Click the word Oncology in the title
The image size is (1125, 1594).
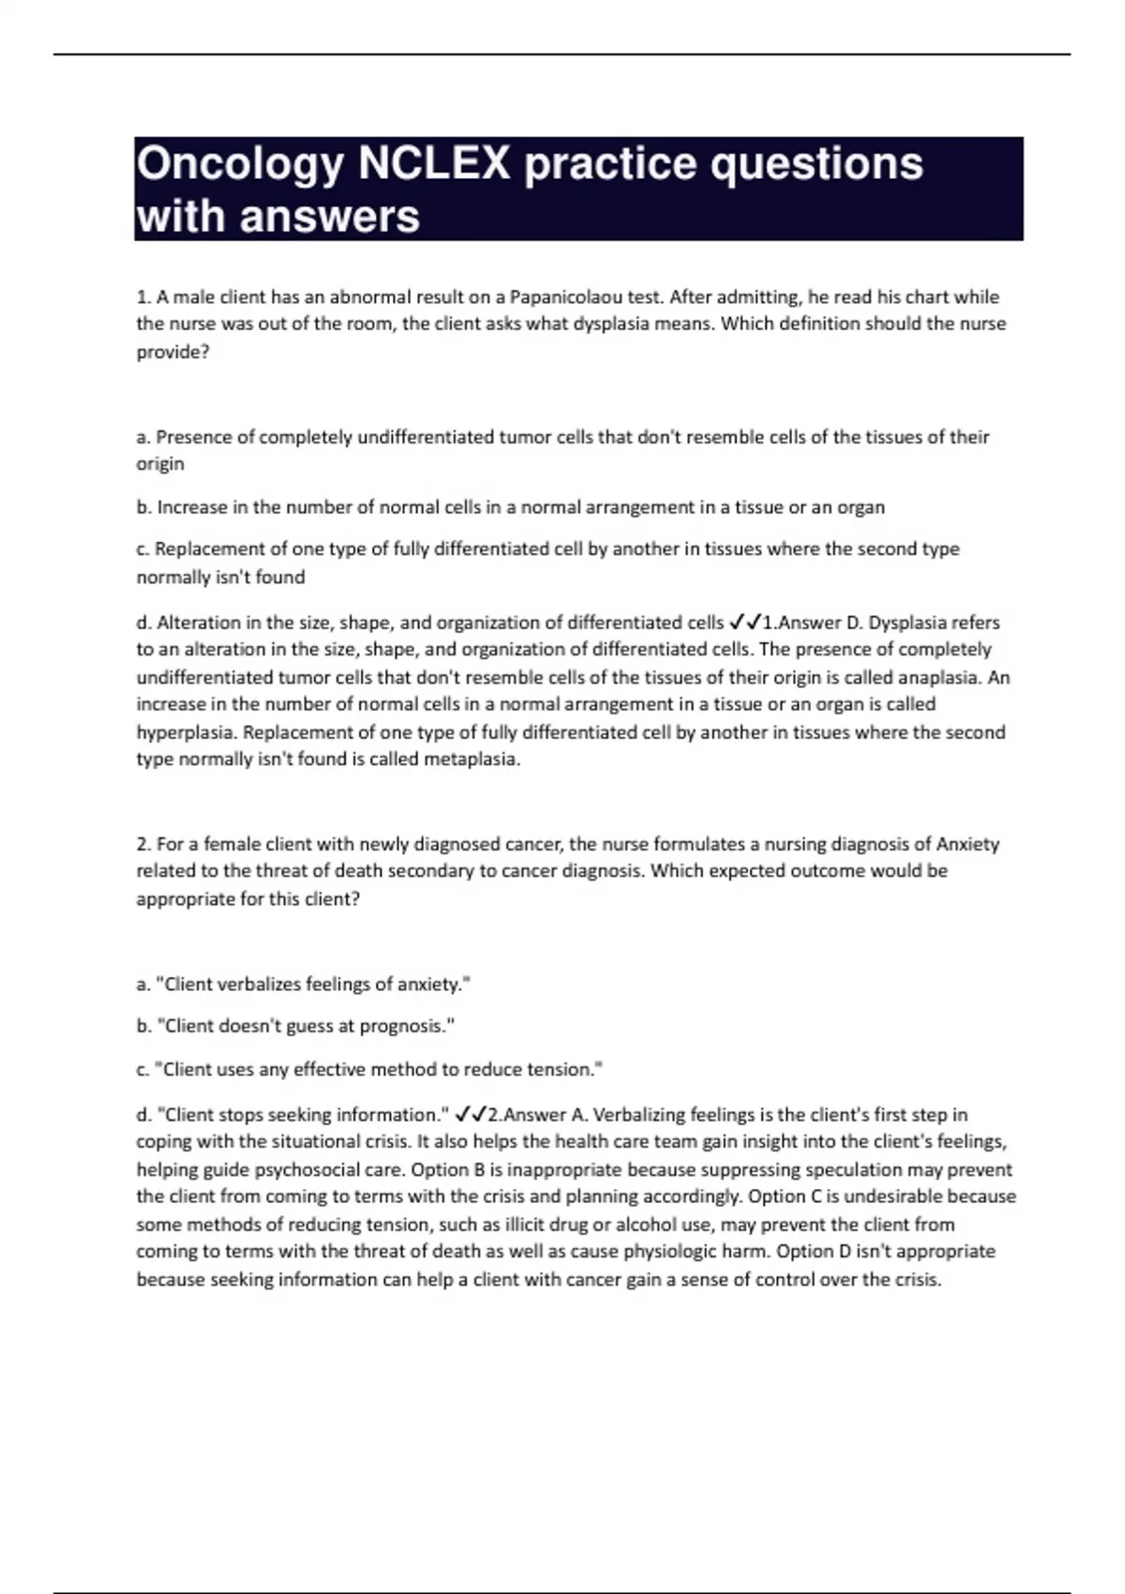pyautogui.click(x=240, y=165)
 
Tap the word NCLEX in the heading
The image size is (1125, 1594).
pyautogui.click(x=433, y=165)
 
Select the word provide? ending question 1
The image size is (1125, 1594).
pyautogui.click(x=172, y=353)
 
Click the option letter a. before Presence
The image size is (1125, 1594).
pyautogui.click(x=143, y=437)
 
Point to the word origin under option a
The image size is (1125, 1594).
pyautogui.click(x=160, y=464)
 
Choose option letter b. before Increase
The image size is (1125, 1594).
pyautogui.click(x=144, y=507)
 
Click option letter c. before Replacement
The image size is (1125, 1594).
pyautogui.click(x=143, y=549)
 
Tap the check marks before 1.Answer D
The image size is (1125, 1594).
pyautogui.click(x=745, y=623)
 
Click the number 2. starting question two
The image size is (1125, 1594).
pyautogui.click(x=143, y=844)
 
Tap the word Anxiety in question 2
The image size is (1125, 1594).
pyautogui.click(x=967, y=844)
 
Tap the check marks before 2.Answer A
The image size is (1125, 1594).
pyautogui.click(x=470, y=1115)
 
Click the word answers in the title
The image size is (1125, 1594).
pyautogui.click(x=330, y=218)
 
